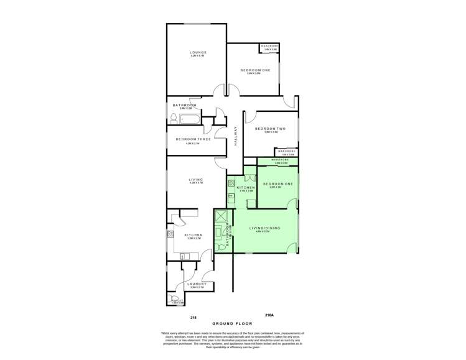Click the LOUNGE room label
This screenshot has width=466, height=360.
point(198,52)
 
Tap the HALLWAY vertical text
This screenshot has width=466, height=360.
point(236,136)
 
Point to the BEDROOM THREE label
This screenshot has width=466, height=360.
point(193,139)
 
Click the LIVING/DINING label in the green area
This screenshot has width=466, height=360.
point(265,228)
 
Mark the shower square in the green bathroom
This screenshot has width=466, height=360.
point(221,216)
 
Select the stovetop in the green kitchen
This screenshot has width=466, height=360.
point(230,183)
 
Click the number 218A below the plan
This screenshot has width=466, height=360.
point(269,315)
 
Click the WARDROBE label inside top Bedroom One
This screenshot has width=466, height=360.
point(269,46)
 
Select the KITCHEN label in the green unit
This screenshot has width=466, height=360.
point(246,187)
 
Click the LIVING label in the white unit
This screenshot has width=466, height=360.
point(197,180)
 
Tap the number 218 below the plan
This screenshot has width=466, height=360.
point(193,317)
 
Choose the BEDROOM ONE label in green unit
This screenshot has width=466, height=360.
point(277,184)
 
